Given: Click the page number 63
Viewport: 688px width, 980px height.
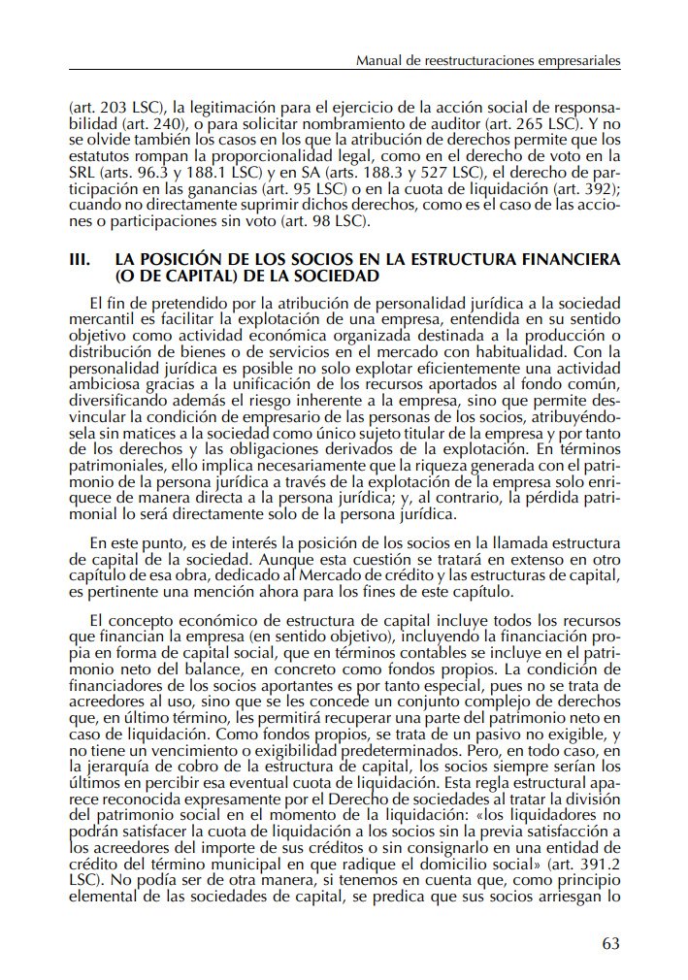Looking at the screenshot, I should point(609,943).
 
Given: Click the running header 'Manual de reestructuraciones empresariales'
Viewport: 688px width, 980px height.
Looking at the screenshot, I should point(488,61).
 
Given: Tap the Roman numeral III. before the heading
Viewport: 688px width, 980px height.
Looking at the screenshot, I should point(82,261).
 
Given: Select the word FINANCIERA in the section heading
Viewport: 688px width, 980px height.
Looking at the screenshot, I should point(565,261).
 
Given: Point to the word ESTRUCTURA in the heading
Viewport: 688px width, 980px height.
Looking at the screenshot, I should point(449,261).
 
